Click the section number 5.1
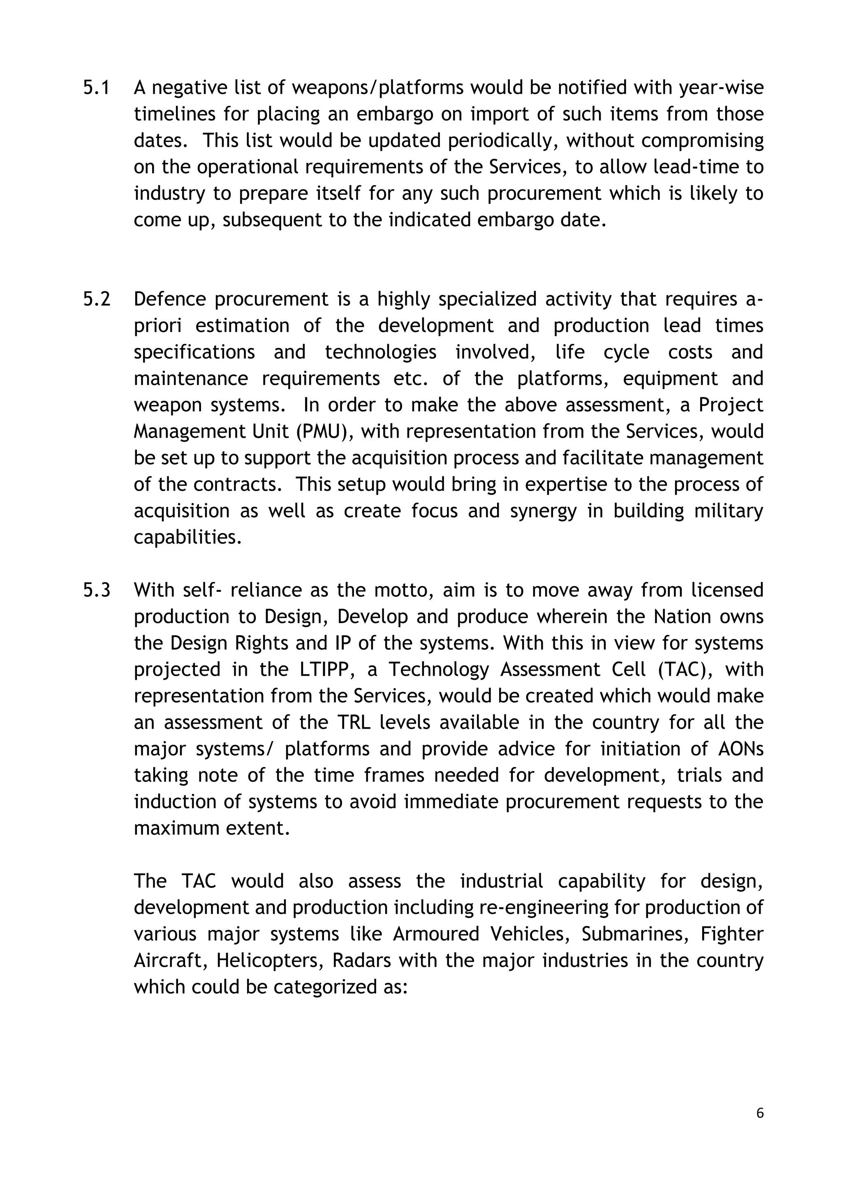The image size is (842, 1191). coord(97,88)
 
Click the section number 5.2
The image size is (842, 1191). coord(97,299)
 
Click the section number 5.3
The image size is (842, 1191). coord(97,590)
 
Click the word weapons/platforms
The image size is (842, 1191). coord(377,88)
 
